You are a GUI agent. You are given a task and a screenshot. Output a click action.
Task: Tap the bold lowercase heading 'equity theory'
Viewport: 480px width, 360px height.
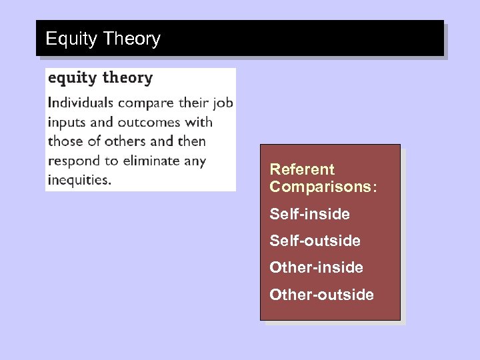[x=100, y=78]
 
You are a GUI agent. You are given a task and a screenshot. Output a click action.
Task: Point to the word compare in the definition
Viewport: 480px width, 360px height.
[x=145, y=104]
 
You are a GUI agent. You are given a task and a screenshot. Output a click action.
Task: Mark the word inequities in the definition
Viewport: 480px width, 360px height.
[x=78, y=180]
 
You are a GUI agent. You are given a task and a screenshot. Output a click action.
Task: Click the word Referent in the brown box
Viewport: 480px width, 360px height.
[x=302, y=170]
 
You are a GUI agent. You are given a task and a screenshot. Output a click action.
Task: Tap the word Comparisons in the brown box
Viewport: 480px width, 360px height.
[x=321, y=187]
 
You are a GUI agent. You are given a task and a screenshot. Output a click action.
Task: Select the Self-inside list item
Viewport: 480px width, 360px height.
[x=309, y=215]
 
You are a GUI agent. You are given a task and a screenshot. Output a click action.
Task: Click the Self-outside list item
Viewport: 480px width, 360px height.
[x=315, y=241]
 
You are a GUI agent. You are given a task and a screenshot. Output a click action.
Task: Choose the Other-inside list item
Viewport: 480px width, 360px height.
[x=316, y=267]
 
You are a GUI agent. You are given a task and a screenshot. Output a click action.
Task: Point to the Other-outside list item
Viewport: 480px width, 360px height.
[x=321, y=294]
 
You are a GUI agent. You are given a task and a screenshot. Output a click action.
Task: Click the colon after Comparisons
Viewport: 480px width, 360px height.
[x=375, y=187]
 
